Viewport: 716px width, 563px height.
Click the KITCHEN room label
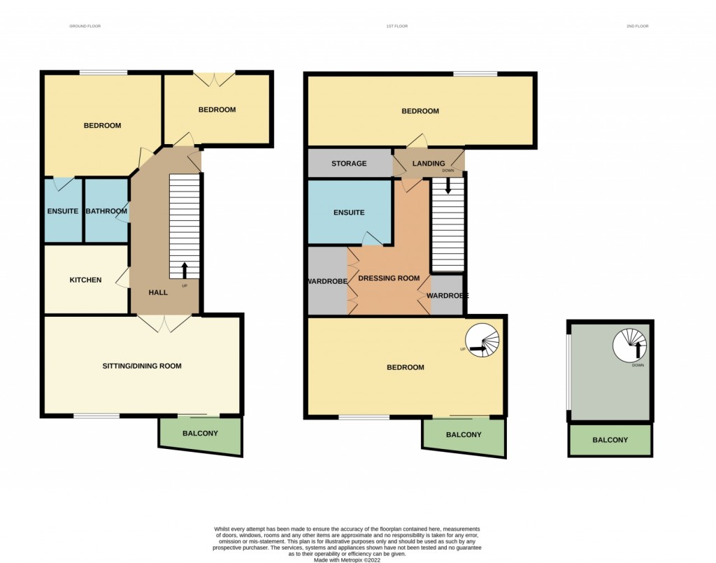85,280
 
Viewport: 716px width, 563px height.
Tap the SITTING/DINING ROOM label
142,366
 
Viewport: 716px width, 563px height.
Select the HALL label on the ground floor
159,292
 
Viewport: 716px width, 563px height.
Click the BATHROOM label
106,211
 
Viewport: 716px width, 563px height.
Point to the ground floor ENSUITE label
63,211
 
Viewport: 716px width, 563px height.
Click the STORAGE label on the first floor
349,164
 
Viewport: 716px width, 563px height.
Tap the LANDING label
428,164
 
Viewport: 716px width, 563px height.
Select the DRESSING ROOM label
389,278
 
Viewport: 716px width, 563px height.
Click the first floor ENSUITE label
349,213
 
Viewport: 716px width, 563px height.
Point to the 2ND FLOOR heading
638,26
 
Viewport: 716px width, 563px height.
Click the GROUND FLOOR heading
85,26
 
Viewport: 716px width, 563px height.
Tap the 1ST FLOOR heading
396,26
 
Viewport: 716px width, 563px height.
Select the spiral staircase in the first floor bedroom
484,341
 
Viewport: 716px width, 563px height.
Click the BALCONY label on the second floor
610,440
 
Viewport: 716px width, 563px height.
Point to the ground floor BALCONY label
200,434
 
